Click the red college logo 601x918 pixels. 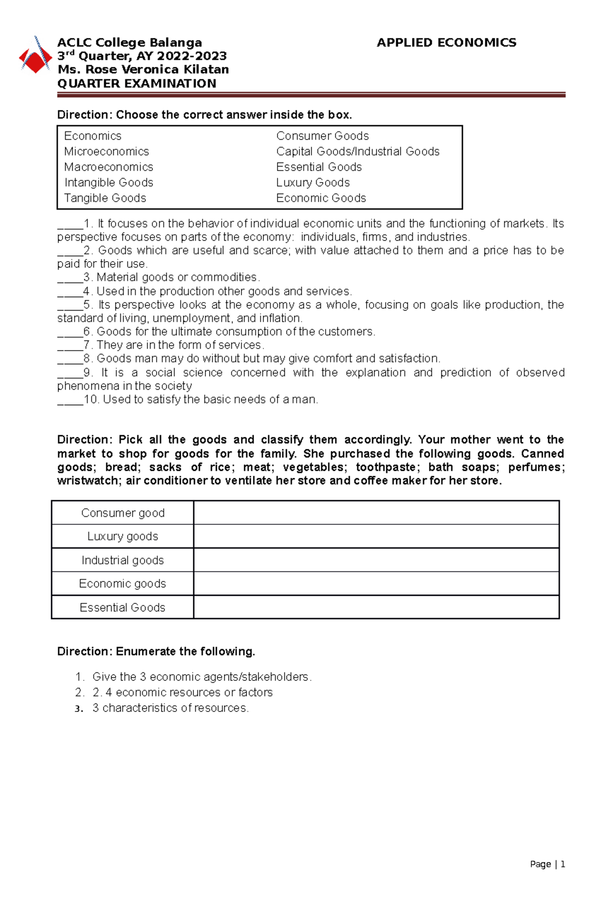click(x=35, y=56)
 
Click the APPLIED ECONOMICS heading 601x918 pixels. click(x=446, y=43)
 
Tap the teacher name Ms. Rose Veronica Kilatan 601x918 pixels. click(x=143, y=70)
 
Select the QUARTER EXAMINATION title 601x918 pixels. click(x=137, y=84)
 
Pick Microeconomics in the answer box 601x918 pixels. click(x=107, y=152)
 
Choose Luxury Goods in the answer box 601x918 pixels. click(x=313, y=183)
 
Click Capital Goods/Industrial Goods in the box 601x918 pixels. click(x=358, y=152)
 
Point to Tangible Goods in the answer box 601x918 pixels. click(x=105, y=198)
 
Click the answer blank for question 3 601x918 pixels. click(x=70, y=278)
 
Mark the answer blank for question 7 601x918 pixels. click(x=70, y=346)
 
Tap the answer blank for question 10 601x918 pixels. click(x=70, y=400)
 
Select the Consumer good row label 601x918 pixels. click(x=123, y=513)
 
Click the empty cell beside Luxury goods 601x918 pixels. click(x=376, y=536)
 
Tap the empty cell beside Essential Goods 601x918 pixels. click(x=376, y=607)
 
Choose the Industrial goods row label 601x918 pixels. click(x=123, y=560)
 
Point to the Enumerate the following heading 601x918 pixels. click(x=156, y=651)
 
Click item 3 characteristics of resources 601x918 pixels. click(x=170, y=708)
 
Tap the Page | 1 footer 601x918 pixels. click(x=547, y=864)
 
